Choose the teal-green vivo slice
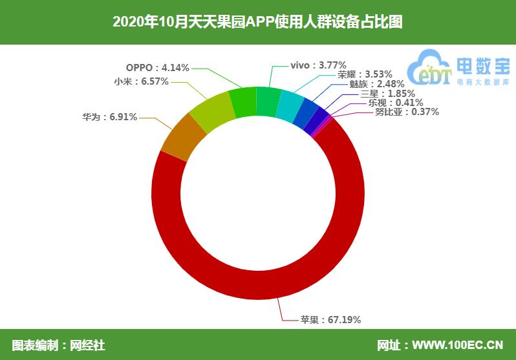[268, 102]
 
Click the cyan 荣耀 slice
[289, 106]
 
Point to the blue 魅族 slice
[306, 114]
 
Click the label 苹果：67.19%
[330, 319]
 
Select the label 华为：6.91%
[109, 117]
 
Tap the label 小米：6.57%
[142, 81]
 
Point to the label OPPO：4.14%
[158, 67]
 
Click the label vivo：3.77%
[318, 65]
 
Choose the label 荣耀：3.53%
[365, 74]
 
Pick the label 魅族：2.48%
[377, 84]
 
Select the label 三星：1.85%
[388, 94]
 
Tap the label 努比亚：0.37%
[407, 112]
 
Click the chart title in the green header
[257, 22]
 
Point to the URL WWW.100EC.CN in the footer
[458, 345]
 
